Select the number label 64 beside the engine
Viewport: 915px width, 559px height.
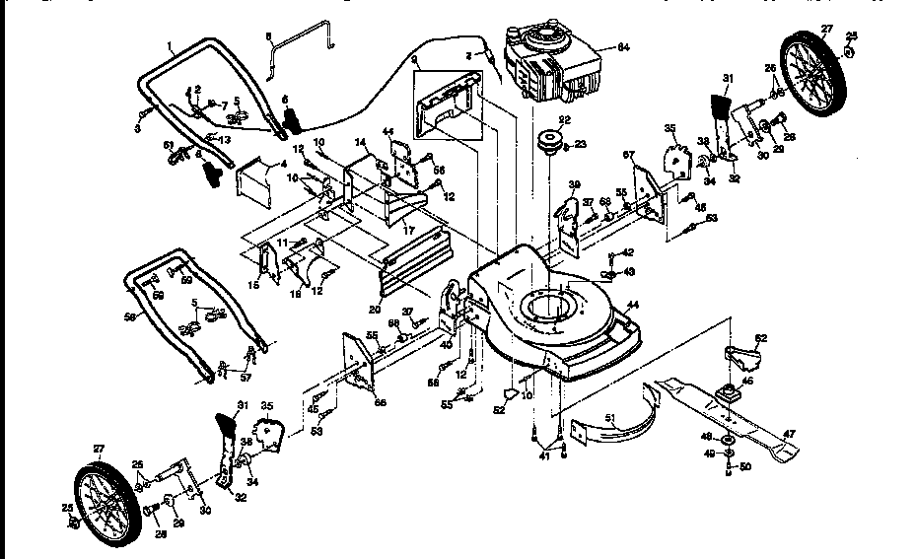coord(623,46)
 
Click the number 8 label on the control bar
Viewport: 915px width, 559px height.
coord(267,37)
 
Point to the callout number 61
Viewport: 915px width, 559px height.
coord(169,144)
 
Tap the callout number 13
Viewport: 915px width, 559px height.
coord(226,140)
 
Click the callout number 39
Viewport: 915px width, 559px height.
coord(574,184)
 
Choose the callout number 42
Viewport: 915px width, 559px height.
coord(628,253)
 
